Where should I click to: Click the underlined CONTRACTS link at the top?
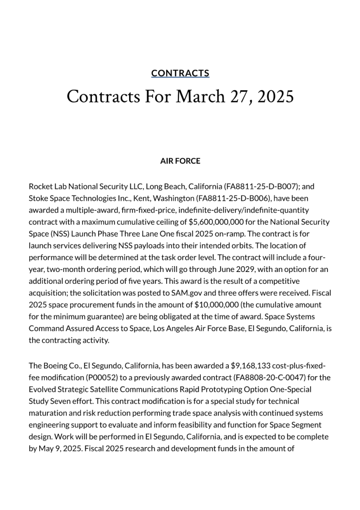pos(180,73)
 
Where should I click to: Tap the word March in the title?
pos(200,97)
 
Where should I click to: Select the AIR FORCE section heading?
pos(180,161)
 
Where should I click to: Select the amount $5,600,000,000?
pos(219,222)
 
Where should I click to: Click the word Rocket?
pos(41,186)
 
